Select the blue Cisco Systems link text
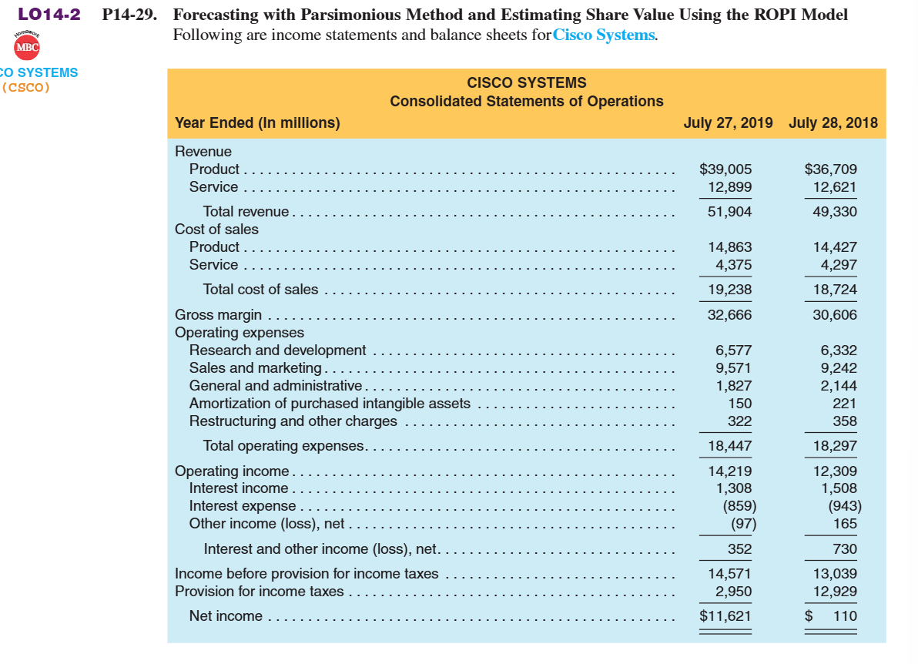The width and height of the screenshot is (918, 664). (x=605, y=35)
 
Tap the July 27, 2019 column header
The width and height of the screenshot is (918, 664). (x=728, y=122)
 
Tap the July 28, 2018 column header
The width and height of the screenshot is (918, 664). (x=833, y=122)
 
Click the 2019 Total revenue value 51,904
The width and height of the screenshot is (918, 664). (x=730, y=212)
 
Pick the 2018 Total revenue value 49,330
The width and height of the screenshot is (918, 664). (x=835, y=212)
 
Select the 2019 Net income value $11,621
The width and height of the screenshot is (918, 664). (x=725, y=615)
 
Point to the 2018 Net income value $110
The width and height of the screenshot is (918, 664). (x=832, y=615)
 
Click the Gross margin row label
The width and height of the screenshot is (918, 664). (x=218, y=314)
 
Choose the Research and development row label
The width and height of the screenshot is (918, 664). (x=277, y=350)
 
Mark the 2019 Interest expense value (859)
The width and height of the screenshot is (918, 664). (x=739, y=506)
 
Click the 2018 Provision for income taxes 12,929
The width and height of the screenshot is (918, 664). (x=835, y=591)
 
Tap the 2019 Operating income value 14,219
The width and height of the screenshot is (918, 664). (x=730, y=471)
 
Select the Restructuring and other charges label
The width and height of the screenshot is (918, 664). (x=293, y=421)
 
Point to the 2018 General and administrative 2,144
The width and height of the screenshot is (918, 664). (x=839, y=385)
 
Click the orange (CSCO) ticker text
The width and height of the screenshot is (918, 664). (x=26, y=86)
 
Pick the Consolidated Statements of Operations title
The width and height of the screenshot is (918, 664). (x=526, y=101)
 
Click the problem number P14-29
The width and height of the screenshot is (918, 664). (x=129, y=15)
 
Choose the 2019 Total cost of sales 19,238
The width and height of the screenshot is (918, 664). (x=730, y=290)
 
